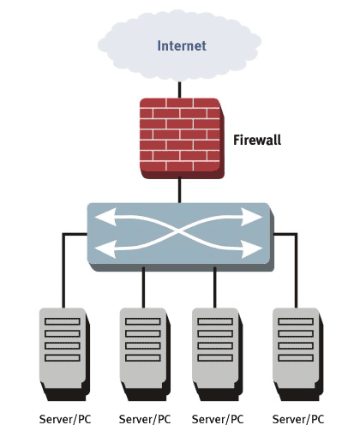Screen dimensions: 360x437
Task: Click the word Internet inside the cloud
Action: click(x=182, y=45)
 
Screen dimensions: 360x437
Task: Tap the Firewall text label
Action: click(x=257, y=140)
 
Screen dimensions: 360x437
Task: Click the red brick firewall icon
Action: click(x=182, y=139)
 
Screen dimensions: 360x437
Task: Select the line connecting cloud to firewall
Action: click(x=179, y=90)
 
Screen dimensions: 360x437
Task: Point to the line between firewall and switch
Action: click(x=179, y=190)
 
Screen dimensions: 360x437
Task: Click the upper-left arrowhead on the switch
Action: click(x=105, y=217)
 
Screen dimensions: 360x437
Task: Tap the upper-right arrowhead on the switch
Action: click(x=252, y=217)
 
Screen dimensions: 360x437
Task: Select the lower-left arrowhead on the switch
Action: click(x=105, y=249)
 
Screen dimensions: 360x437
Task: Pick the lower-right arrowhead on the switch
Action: click(x=252, y=249)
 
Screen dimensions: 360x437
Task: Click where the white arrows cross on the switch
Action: click(x=179, y=233)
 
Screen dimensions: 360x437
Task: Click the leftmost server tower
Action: click(x=64, y=354)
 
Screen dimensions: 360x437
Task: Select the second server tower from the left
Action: click(x=145, y=354)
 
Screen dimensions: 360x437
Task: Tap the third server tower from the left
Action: click(x=218, y=354)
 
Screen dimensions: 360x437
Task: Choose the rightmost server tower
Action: click(x=298, y=354)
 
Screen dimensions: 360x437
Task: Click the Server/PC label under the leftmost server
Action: click(x=65, y=419)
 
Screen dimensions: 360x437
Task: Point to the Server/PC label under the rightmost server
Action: click(x=298, y=419)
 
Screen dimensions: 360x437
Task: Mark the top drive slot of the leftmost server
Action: click(x=63, y=321)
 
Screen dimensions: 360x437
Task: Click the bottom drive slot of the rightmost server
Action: click(x=296, y=358)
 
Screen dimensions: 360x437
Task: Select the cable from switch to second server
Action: click(x=143, y=287)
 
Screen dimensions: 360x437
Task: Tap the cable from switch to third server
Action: click(x=215, y=287)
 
